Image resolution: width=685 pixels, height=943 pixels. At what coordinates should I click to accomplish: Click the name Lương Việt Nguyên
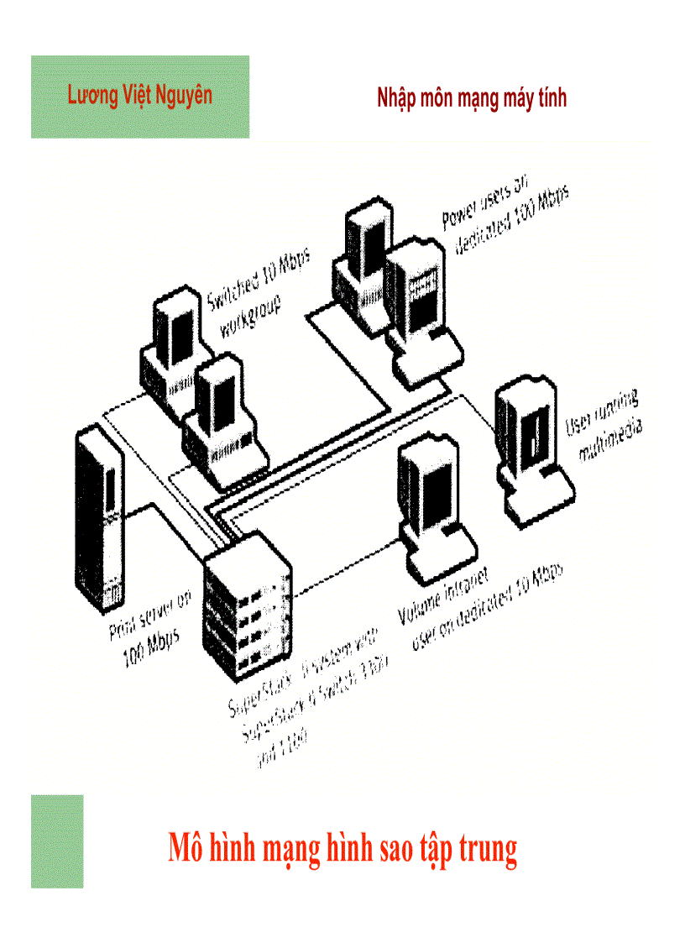click(139, 95)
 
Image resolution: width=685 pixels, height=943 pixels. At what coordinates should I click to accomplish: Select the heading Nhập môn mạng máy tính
click(472, 98)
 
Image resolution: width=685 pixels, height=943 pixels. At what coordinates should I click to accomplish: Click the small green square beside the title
click(57, 841)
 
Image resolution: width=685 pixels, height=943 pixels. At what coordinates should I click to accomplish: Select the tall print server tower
click(97, 521)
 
